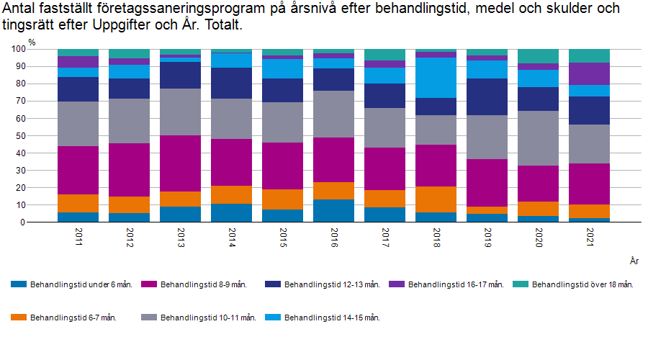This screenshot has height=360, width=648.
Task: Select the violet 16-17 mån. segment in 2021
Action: [588, 74]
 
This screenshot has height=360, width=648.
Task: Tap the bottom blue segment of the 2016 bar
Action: [333, 210]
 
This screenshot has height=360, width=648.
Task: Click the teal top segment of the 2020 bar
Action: [537, 56]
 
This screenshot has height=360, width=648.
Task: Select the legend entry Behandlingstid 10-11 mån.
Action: [208, 317]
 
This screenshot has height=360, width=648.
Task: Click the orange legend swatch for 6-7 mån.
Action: [19, 317]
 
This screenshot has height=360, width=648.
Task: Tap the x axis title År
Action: [634, 260]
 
